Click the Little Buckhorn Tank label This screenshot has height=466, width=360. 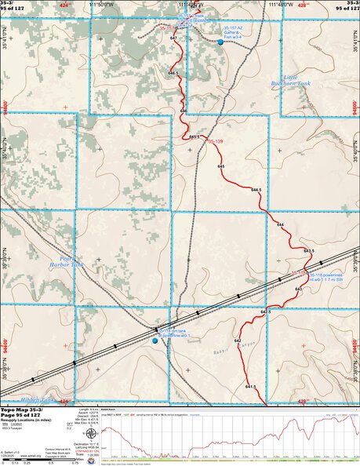coord(300,81)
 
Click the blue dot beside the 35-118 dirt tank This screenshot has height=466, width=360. coord(155,340)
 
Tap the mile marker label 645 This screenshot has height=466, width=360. coord(221,168)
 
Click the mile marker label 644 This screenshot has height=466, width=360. coord(280,225)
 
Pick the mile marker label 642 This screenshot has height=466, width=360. coord(259,362)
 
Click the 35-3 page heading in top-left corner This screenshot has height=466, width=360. coord(13,4)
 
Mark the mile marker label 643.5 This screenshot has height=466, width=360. coord(307,251)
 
